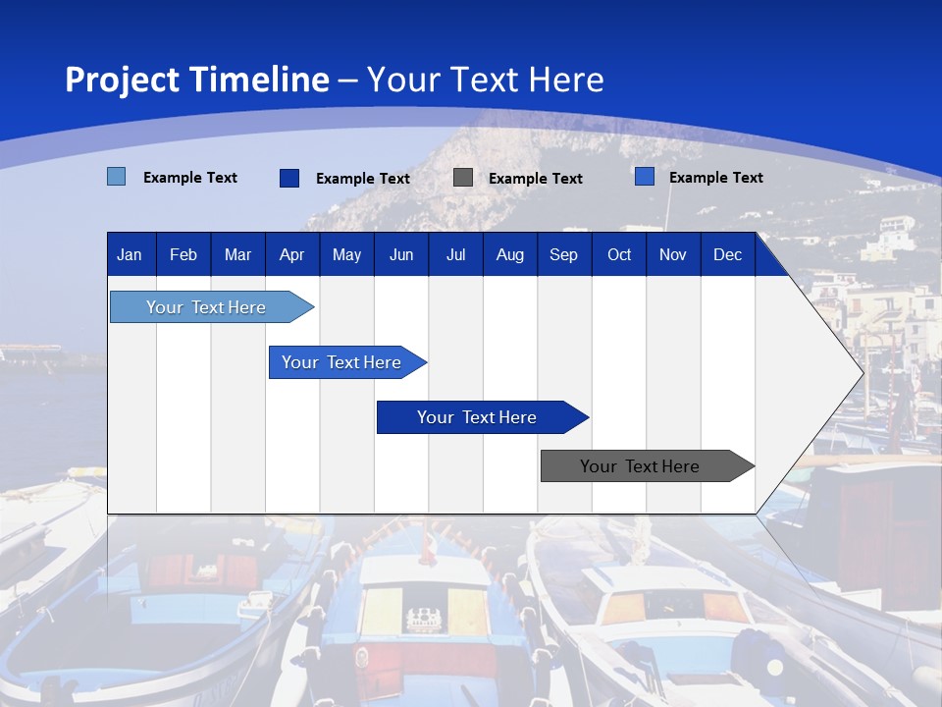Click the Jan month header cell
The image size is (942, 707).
(x=130, y=254)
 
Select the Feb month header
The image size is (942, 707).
(x=183, y=254)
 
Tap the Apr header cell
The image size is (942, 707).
(x=291, y=254)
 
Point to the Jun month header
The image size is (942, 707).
(x=401, y=254)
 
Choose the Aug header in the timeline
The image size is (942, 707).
(x=509, y=254)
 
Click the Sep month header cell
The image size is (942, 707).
(x=563, y=254)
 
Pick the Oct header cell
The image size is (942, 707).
(x=619, y=254)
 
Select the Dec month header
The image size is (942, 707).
(x=727, y=254)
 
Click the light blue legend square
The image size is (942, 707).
(x=117, y=177)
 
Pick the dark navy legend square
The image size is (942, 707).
(x=289, y=178)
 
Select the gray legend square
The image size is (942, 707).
(x=463, y=178)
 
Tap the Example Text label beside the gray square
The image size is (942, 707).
(x=535, y=179)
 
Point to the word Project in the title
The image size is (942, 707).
(x=121, y=80)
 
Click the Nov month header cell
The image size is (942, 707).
(x=672, y=254)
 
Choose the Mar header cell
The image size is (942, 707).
(x=237, y=254)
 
